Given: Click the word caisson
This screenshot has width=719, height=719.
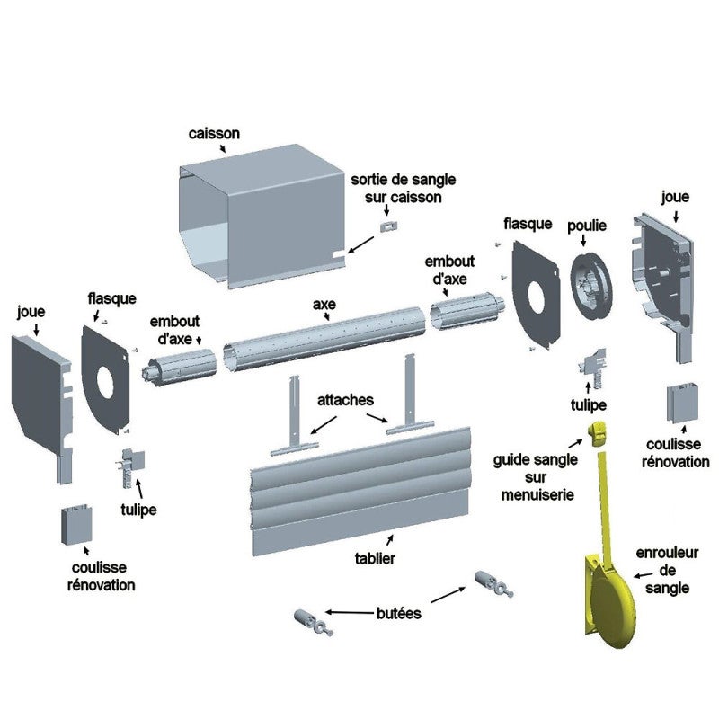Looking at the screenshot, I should click(214, 134).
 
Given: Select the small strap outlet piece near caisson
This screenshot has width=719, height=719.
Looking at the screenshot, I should click(388, 226).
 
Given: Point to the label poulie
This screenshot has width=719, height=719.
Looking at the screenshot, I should click(587, 226).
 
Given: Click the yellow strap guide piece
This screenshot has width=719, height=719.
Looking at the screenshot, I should click(596, 433).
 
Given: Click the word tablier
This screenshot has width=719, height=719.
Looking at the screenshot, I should click(375, 557).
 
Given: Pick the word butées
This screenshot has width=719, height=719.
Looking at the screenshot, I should click(398, 613).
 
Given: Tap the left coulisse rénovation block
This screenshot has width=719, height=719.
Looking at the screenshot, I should click(75, 525).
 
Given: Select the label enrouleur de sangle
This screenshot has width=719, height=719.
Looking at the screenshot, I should click(667, 571).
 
